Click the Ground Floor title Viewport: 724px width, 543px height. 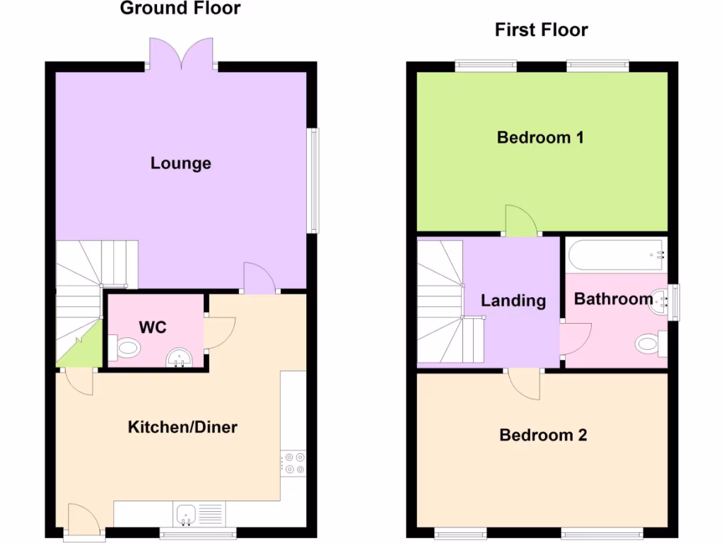(180, 8)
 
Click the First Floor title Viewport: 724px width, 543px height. (541, 30)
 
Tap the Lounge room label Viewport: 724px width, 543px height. (181, 163)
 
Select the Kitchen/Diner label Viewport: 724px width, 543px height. (182, 427)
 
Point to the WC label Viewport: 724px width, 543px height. (153, 327)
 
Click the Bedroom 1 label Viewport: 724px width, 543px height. (540, 137)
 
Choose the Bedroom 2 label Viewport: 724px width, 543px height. (543, 435)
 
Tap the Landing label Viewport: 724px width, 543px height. (513, 300)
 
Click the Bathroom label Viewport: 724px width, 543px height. (613, 299)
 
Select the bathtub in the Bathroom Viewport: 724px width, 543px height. (616, 255)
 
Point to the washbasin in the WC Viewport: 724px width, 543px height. (179, 359)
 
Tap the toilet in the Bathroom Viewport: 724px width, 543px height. (649, 344)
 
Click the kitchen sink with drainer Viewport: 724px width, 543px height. (199, 514)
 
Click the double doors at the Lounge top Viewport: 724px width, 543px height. (182, 54)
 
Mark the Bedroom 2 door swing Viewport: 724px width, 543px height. (524, 385)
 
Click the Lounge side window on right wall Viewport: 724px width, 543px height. (313, 180)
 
